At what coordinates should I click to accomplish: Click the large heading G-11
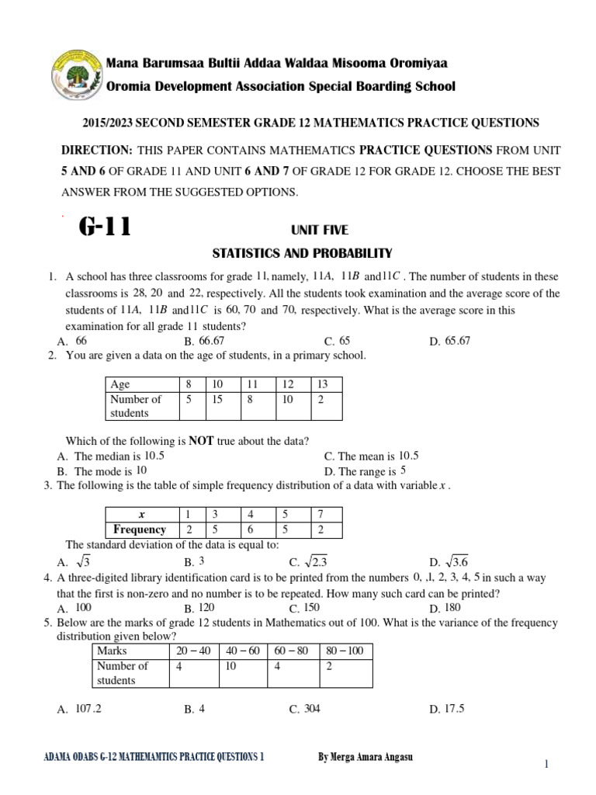click(105, 227)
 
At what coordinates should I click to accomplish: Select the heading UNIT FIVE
click(319, 230)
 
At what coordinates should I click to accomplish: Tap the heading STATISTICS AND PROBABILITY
click(303, 253)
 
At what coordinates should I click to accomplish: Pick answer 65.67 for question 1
click(458, 341)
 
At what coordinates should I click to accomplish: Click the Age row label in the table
click(120, 384)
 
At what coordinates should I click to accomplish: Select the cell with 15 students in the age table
click(217, 399)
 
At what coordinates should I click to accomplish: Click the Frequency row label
click(140, 529)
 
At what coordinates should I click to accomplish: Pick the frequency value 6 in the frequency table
click(251, 529)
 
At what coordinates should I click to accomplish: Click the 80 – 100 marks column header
click(345, 651)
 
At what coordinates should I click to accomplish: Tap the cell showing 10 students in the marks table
click(230, 665)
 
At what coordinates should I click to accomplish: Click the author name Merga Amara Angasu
click(366, 758)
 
